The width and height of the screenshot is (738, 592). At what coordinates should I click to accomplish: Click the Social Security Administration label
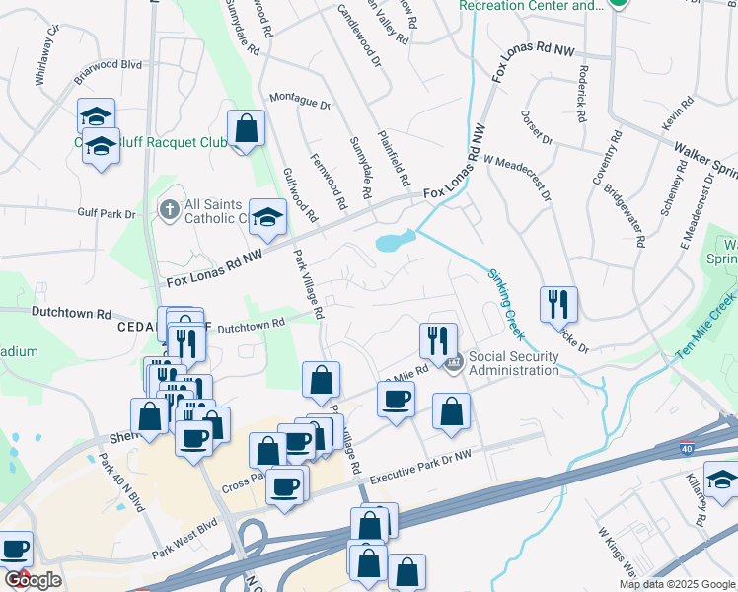click(x=513, y=363)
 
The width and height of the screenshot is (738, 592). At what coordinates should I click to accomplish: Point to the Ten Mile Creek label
click(x=702, y=330)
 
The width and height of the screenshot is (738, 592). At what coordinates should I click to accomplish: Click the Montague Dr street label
click(x=299, y=102)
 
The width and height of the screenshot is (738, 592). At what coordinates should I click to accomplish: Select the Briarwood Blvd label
click(x=111, y=68)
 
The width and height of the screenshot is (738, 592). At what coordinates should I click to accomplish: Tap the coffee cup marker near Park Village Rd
click(x=396, y=399)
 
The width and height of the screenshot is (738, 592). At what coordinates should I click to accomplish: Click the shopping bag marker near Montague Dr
click(x=246, y=128)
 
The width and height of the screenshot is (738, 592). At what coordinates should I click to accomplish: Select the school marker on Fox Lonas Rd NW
click(x=267, y=217)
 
